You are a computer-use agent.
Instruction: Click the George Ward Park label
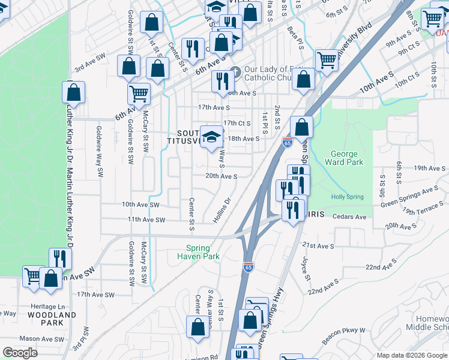[x=344, y=158]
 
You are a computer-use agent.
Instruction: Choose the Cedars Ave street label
[x=349, y=217]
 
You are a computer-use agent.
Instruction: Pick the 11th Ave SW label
[x=146, y=220]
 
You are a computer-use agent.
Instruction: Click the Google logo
[x=19, y=353]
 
